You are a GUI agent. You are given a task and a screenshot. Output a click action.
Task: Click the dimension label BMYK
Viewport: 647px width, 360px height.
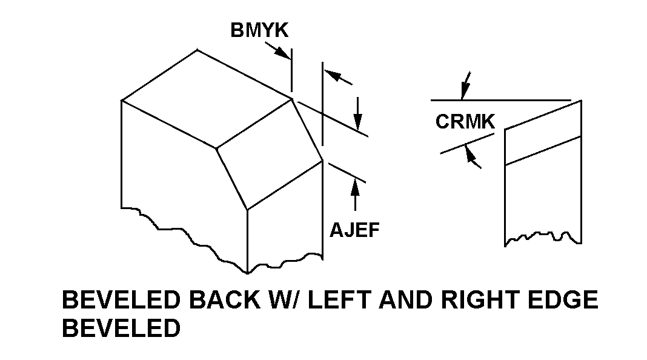coord(259,30)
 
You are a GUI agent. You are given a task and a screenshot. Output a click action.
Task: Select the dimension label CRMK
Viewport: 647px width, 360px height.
coord(465,122)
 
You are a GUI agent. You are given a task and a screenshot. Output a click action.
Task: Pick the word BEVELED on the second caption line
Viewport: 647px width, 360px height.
coord(121,328)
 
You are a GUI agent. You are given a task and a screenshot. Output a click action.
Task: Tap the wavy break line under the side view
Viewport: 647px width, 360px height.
coord(542,236)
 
